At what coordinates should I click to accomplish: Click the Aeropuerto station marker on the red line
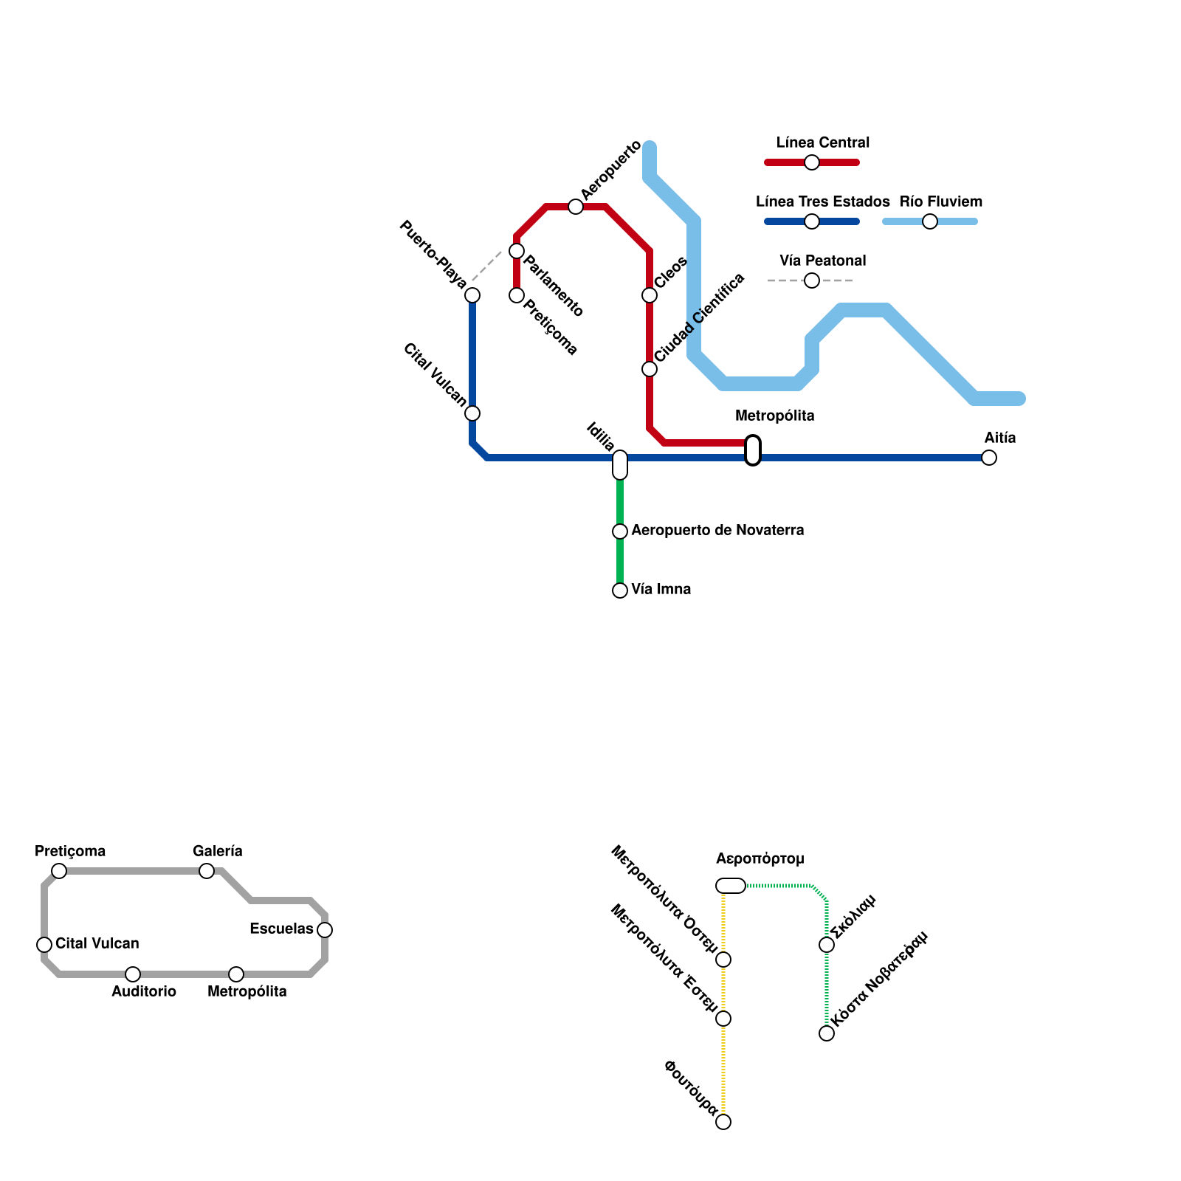point(576,207)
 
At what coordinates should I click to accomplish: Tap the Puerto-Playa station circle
point(472,295)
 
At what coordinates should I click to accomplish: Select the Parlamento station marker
point(517,251)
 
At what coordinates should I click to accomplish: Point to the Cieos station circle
point(650,295)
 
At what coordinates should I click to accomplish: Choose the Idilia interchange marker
point(620,465)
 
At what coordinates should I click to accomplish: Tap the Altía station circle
point(989,458)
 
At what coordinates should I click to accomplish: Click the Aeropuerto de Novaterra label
point(717,531)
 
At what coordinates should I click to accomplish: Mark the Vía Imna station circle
point(620,590)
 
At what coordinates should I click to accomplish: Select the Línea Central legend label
point(823,142)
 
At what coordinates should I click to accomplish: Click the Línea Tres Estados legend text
point(823,202)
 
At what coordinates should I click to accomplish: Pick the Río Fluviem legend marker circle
point(930,221)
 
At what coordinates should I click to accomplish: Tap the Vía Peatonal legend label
point(823,261)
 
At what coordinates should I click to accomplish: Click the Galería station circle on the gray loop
point(207,871)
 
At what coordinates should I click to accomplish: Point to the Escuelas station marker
point(325,930)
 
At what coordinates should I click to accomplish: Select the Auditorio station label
point(144,991)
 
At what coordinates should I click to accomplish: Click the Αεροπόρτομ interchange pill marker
point(731,886)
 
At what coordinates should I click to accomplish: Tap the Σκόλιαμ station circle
point(827,945)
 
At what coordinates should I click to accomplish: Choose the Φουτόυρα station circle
point(723,1122)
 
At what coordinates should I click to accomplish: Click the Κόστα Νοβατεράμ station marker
point(827,1033)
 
